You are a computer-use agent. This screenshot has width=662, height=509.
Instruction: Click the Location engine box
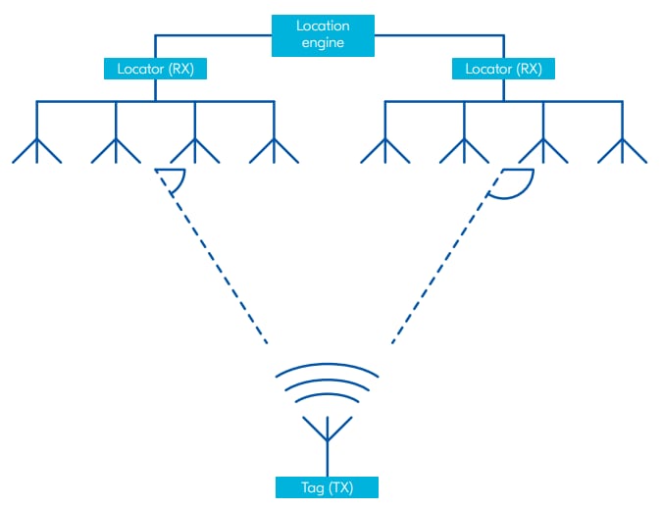[323, 34]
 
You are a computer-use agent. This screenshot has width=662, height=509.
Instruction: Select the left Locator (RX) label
[155, 69]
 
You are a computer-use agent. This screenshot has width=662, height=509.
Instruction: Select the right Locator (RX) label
[503, 69]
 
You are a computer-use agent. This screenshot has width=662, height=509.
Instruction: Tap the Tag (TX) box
[327, 486]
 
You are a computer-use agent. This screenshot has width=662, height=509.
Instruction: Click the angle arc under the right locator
[515, 186]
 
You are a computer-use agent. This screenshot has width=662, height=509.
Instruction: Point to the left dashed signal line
[219, 265]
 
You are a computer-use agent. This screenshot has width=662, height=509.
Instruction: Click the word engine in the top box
[323, 43]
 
